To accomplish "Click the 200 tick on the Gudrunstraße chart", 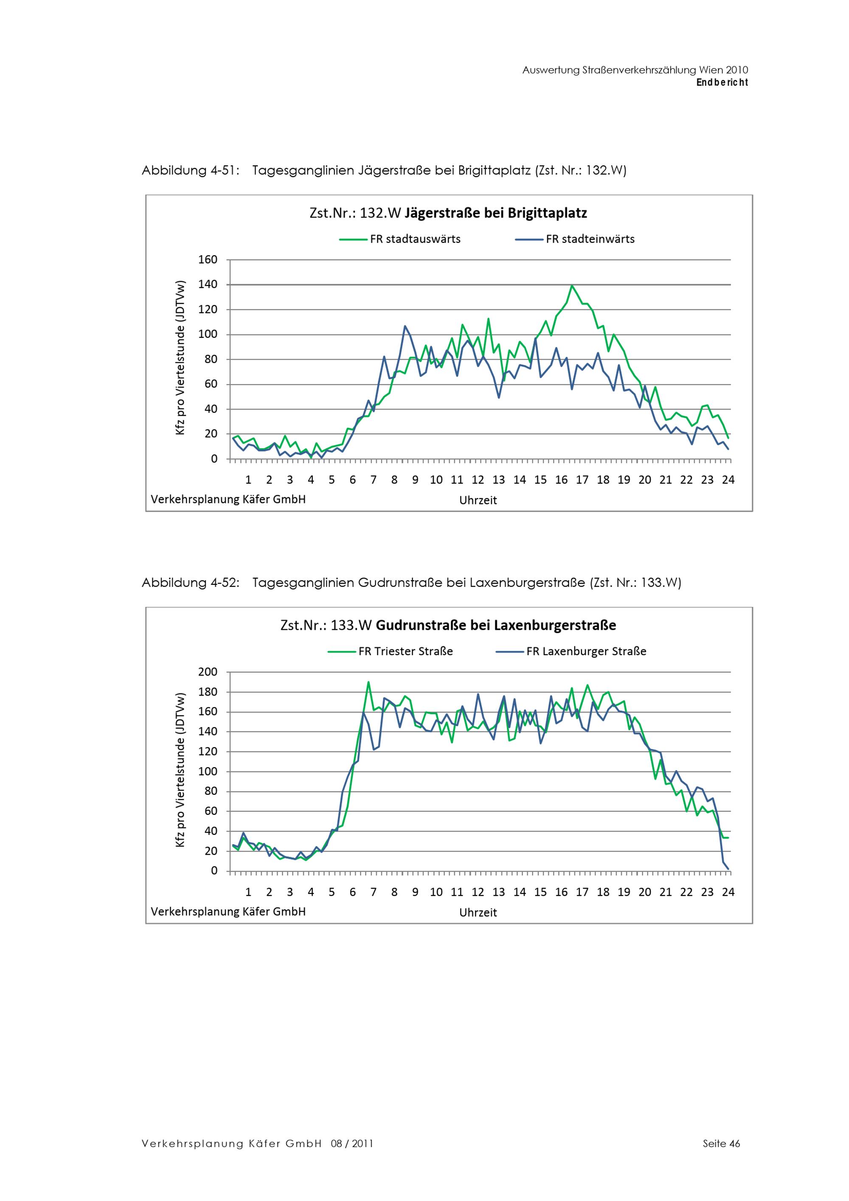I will tap(208, 672).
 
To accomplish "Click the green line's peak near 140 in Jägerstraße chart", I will tap(572, 286).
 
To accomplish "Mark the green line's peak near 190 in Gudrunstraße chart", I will tap(368, 682).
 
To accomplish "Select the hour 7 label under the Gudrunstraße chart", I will tap(374, 892).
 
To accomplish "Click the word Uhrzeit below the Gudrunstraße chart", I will tap(478, 913).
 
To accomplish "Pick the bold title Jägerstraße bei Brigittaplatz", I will tap(496, 213).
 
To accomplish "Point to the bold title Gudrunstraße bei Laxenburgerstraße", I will tap(496, 626).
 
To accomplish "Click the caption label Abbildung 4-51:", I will tap(191, 171).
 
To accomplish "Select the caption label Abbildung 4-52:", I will tap(191, 583).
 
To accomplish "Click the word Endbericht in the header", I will tap(722, 83).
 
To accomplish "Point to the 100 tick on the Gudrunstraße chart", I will tap(208, 772).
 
